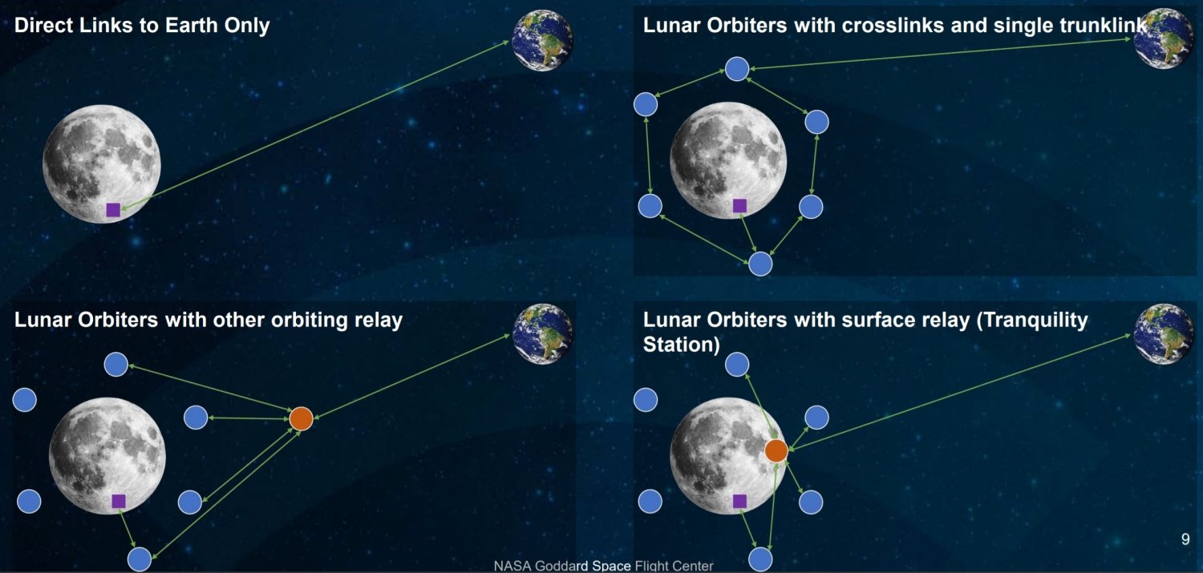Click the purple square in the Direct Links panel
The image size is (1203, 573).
tap(113, 210)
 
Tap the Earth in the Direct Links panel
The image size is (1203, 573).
tap(542, 40)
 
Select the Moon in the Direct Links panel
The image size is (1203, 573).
tap(102, 163)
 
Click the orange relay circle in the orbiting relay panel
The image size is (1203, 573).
tap(302, 418)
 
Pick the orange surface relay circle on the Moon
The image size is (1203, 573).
tap(776, 450)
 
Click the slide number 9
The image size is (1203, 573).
tap(1185, 539)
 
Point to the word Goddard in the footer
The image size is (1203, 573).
tap(562, 566)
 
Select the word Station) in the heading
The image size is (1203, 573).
tap(681, 345)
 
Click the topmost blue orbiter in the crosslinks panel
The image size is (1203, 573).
tap(737, 69)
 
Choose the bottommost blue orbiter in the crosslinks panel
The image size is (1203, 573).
tap(760, 264)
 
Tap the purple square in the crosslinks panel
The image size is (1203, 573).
tap(739, 205)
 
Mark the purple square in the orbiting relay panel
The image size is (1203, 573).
tap(119, 501)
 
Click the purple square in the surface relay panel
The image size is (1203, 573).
tap(739, 501)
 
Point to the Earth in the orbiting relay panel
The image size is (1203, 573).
tap(542, 334)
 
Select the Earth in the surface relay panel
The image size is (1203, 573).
tap(1163, 334)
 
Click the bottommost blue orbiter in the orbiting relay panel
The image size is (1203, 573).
tap(140, 559)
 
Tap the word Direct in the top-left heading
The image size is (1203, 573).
tap(44, 25)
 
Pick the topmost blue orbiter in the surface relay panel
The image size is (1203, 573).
tap(737, 365)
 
